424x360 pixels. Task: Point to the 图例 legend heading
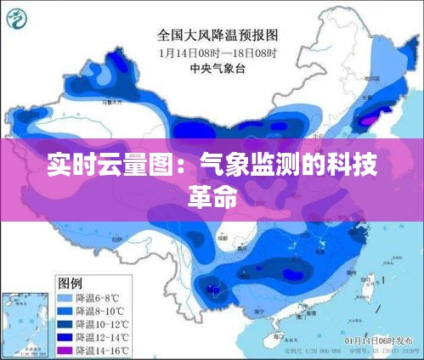tap(69, 283)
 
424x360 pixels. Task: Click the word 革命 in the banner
tap(212, 194)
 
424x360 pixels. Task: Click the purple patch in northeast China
tap(366, 121)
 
